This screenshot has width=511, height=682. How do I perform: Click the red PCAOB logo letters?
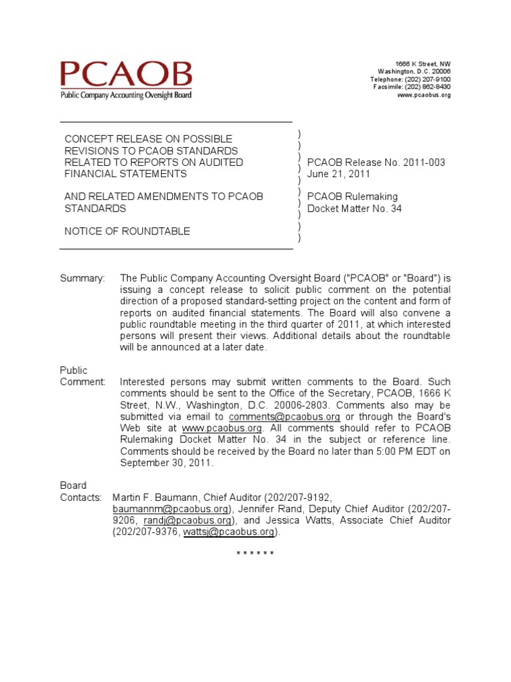(126, 75)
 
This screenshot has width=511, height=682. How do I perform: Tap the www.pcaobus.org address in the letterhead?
(424, 95)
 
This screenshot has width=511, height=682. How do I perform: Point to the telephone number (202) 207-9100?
(428, 79)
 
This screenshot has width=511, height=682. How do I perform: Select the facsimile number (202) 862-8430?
(428, 87)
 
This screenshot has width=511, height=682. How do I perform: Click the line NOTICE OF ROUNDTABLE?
(127, 231)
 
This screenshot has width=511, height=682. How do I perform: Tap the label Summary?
(83, 278)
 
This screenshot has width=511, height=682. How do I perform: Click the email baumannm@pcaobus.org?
(170, 509)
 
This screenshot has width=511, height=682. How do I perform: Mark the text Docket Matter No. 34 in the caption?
(354, 208)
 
